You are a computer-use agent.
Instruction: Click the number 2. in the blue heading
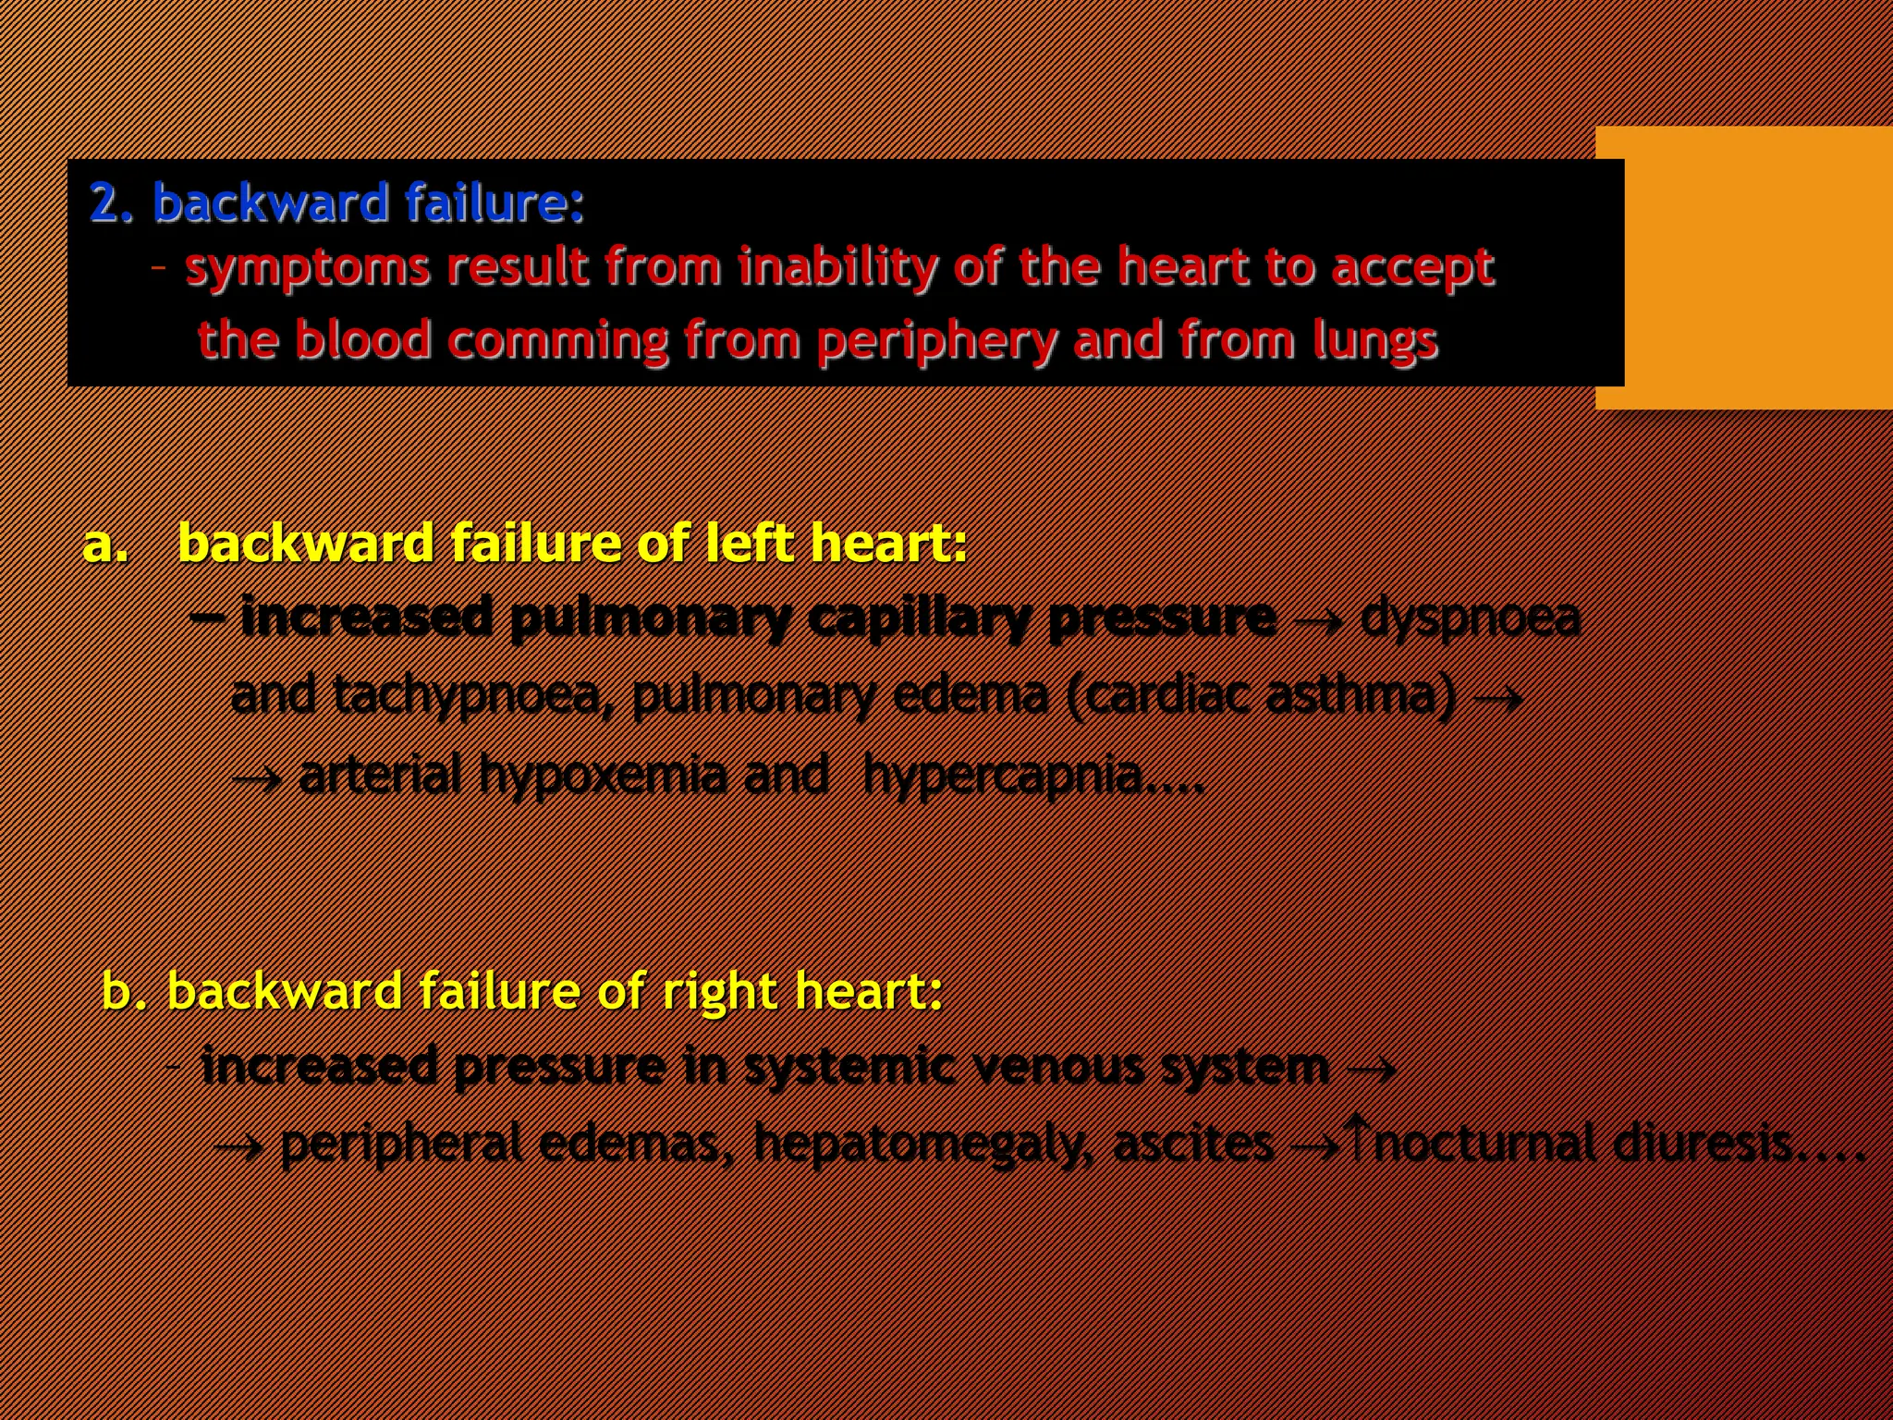(112, 203)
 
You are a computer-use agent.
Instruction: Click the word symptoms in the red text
(308, 269)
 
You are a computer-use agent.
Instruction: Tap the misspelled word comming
(557, 340)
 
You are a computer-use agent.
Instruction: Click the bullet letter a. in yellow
(105, 544)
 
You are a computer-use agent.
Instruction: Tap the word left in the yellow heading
(746, 543)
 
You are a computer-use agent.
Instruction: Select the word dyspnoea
(1470, 618)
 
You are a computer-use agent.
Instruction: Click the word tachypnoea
(467, 695)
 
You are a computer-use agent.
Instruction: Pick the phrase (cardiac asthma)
(1261, 695)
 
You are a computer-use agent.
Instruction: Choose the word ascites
(1193, 1144)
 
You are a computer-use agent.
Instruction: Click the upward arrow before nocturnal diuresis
(1357, 1136)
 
